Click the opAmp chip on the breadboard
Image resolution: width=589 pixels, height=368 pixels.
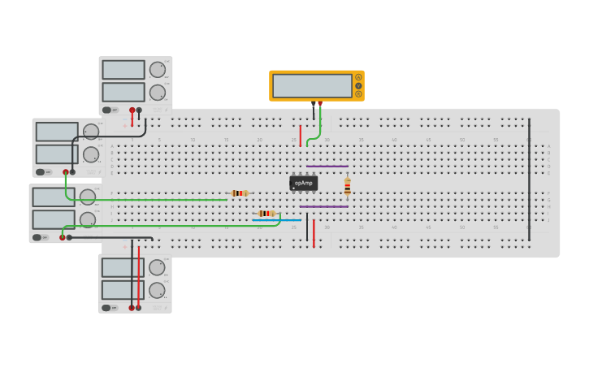tap(303, 184)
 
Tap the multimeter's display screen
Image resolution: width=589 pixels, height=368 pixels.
tap(312, 85)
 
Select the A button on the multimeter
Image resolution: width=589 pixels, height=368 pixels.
tap(358, 77)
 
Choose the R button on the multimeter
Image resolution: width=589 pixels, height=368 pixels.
tap(358, 93)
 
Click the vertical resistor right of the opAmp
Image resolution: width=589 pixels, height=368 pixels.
tap(348, 187)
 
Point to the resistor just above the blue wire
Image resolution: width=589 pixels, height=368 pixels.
tap(266, 213)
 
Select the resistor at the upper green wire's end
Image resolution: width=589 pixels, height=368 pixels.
tap(238, 193)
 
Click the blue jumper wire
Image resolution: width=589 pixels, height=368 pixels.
tap(276, 220)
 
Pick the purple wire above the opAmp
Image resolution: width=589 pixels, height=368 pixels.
tap(327, 166)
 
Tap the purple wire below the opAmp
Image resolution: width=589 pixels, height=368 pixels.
tap(323, 206)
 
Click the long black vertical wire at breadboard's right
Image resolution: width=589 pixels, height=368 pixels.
tap(529, 179)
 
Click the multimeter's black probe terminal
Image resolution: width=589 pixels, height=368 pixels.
tap(313, 104)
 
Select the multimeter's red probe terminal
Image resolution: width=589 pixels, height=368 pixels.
tap(320, 104)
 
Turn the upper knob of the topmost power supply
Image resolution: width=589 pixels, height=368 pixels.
tap(157, 70)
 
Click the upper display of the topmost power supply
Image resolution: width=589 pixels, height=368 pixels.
tap(123, 70)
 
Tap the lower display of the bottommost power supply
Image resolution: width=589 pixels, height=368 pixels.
tap(123, 290)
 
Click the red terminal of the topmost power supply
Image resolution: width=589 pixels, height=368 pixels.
tap(132, 110)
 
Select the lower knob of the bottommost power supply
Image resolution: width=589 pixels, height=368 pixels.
tap(157, 290)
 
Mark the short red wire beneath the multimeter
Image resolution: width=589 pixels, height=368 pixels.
tap(300, 135)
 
